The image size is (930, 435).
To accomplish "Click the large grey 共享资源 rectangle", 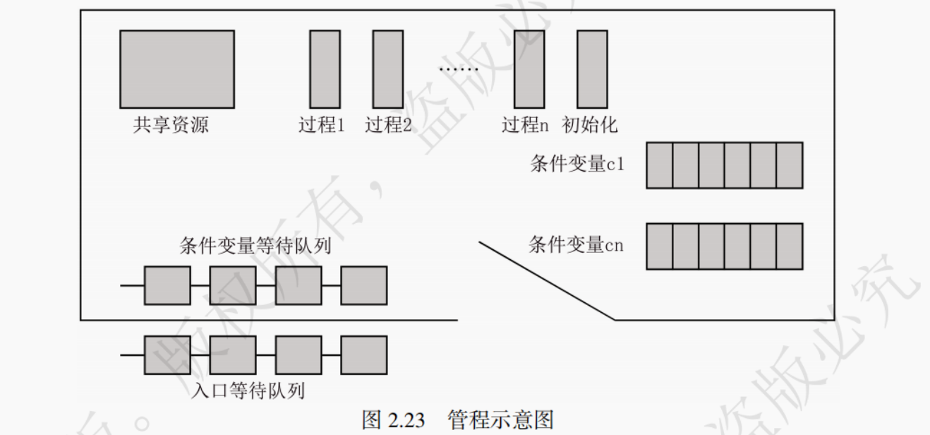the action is coord(176,68).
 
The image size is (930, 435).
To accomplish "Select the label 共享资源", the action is coord(171,126).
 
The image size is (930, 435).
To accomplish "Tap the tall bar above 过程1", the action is coord(325,68).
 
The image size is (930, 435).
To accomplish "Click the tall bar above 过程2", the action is coord(388,68).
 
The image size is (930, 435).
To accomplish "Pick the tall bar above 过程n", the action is coord(529,68).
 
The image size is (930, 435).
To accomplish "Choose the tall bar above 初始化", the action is coord(592,68).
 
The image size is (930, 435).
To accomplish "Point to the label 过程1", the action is coord(322,126).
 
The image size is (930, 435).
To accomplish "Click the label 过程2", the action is coord(388,126).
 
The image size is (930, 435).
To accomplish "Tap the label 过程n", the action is coord(525,126).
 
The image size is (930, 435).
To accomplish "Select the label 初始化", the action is coord(590,126).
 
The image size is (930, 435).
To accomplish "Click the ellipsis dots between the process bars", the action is coord(459,69).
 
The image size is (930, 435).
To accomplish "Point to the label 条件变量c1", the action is coord(577,165).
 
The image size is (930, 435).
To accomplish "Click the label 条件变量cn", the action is coord(576,245).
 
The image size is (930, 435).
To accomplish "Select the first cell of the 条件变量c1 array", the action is coord(660,165).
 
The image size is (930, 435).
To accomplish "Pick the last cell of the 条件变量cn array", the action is coord(790,246).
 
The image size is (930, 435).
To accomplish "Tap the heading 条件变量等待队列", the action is coord(255,246).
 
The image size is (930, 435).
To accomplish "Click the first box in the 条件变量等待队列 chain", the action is coord(167,285).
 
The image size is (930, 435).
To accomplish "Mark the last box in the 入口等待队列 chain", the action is coord(364,354).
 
